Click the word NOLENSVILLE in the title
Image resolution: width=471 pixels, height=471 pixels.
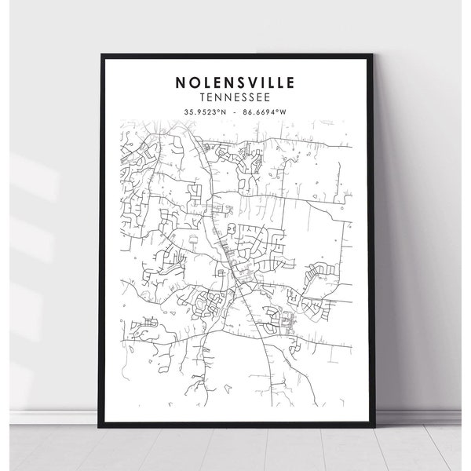235,81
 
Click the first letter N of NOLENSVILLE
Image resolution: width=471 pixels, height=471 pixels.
181,81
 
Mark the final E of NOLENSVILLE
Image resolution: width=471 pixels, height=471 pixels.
289,81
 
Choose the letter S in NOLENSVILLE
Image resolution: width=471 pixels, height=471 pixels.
236,81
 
